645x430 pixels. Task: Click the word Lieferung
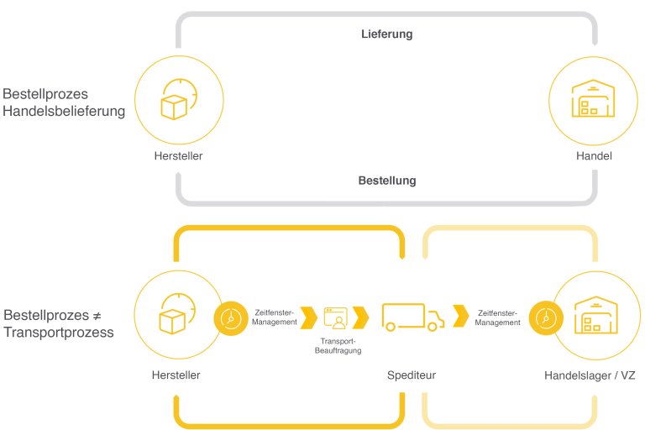[x=386, y=34]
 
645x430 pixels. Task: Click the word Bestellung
[x=387, y=181]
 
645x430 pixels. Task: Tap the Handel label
[x=594, y=156]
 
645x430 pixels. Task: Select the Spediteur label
[x=412, y=375]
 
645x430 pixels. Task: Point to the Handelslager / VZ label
[x=590, y=375]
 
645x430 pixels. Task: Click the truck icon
[x=413, y=317]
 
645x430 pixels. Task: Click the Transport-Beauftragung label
[x=338, y=346]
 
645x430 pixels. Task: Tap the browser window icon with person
[x=336, y=317]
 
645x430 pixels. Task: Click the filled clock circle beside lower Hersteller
[x=231, y=318]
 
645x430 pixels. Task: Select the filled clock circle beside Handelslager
[x=546, y=318]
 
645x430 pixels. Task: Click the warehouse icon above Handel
[x=593, y=98]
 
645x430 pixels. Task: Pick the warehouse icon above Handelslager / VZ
[x=596, y=315]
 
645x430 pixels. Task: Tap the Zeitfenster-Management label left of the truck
[x=275, y=317]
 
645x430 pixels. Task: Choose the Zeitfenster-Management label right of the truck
[x=497, y=317]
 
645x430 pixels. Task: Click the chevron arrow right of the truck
[x=461, y=316]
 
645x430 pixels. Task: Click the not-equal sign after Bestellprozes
[x=97, y=316]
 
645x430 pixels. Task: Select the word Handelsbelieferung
[x=64, y=111]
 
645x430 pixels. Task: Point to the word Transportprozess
[x=59, y=333]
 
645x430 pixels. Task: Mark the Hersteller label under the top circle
[x=179, y=156]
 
